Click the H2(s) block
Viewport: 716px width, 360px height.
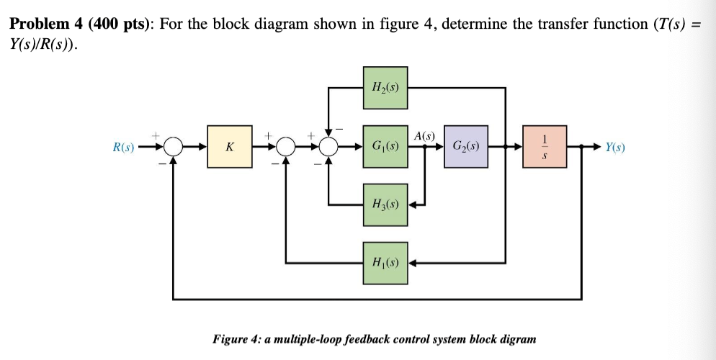pos(385,88)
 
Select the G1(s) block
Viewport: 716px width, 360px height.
pos(385,147)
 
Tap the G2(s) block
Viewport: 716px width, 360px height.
pos(466,147)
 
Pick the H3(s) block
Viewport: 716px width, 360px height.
pos(385,204)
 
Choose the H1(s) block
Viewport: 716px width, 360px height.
pos(385,262)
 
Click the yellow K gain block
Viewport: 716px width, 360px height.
pos(229,147)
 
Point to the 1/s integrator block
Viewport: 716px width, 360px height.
pos(546,147)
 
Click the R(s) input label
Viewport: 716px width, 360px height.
pos(124,148)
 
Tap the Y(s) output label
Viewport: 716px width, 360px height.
pos(615,148)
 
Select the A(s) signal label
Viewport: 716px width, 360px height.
pos(425,135)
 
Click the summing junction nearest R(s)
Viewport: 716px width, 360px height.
pos(172,147)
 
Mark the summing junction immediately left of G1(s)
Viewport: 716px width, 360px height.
pos(329,147)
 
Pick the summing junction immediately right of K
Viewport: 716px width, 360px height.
pos(287,147)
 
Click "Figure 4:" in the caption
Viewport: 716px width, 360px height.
pos(236,338)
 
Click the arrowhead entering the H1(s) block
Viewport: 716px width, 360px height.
pos(413,262)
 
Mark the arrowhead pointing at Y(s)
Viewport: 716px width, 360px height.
pos(596,147)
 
